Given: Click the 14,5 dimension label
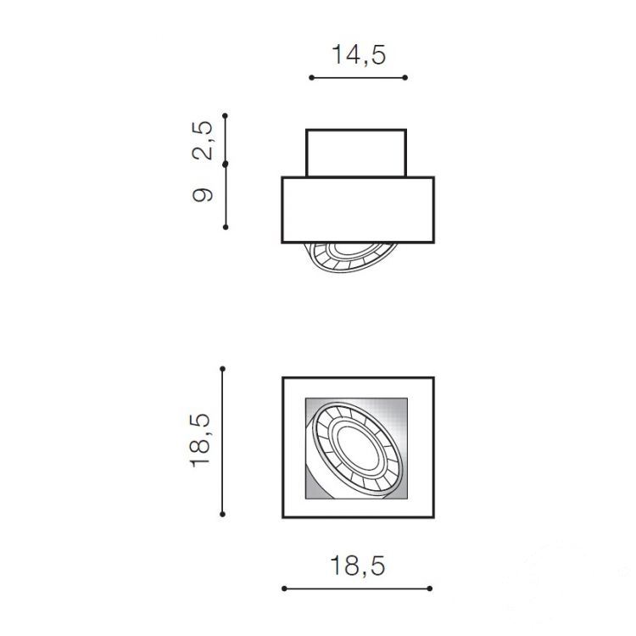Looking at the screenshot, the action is (359, 55).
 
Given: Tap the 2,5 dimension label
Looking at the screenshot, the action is (203, 140).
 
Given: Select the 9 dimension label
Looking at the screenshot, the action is (203, 195).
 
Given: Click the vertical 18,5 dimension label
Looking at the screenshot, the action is (200, 440).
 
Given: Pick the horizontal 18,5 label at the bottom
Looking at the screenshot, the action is (358, 566).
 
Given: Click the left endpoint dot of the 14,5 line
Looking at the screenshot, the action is (311, 77).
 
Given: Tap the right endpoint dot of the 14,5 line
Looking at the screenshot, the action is (404, 77).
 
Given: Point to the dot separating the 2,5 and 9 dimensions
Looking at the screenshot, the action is (226, 164).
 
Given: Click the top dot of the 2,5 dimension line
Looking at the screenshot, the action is (225, 116).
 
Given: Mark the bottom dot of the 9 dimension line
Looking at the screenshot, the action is (226, 227).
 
